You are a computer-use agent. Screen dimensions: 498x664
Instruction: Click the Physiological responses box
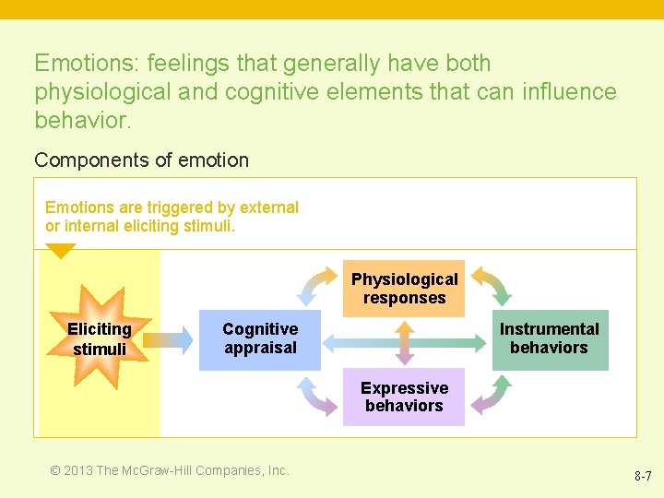pyautogui.click(x=404, y=289)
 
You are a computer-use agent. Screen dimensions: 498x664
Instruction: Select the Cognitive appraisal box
pyautogui.click(x=260, y=338)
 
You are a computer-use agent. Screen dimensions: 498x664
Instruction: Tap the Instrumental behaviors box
pyautogui.click(x=549, y=338)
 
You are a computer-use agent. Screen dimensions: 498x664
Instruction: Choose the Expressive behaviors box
pyautogui.click(x=404, y=397)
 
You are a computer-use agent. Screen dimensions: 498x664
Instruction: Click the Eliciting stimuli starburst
pyautogui.click(x=99, y=338)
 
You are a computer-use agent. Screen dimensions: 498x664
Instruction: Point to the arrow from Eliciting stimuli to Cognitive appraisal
pyautogui.click(x=167, y=339)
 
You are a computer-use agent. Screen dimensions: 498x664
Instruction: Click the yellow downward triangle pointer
pyautogui.click(x=61, y=250)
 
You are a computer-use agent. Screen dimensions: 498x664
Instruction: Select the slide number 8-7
pyautogui.click(x=643, y=477)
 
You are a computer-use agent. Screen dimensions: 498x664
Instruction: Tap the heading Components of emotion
pyautogui.click(x=141, y=160)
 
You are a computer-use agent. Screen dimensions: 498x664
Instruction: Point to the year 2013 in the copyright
pyautogui.click(x=77, y=470)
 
